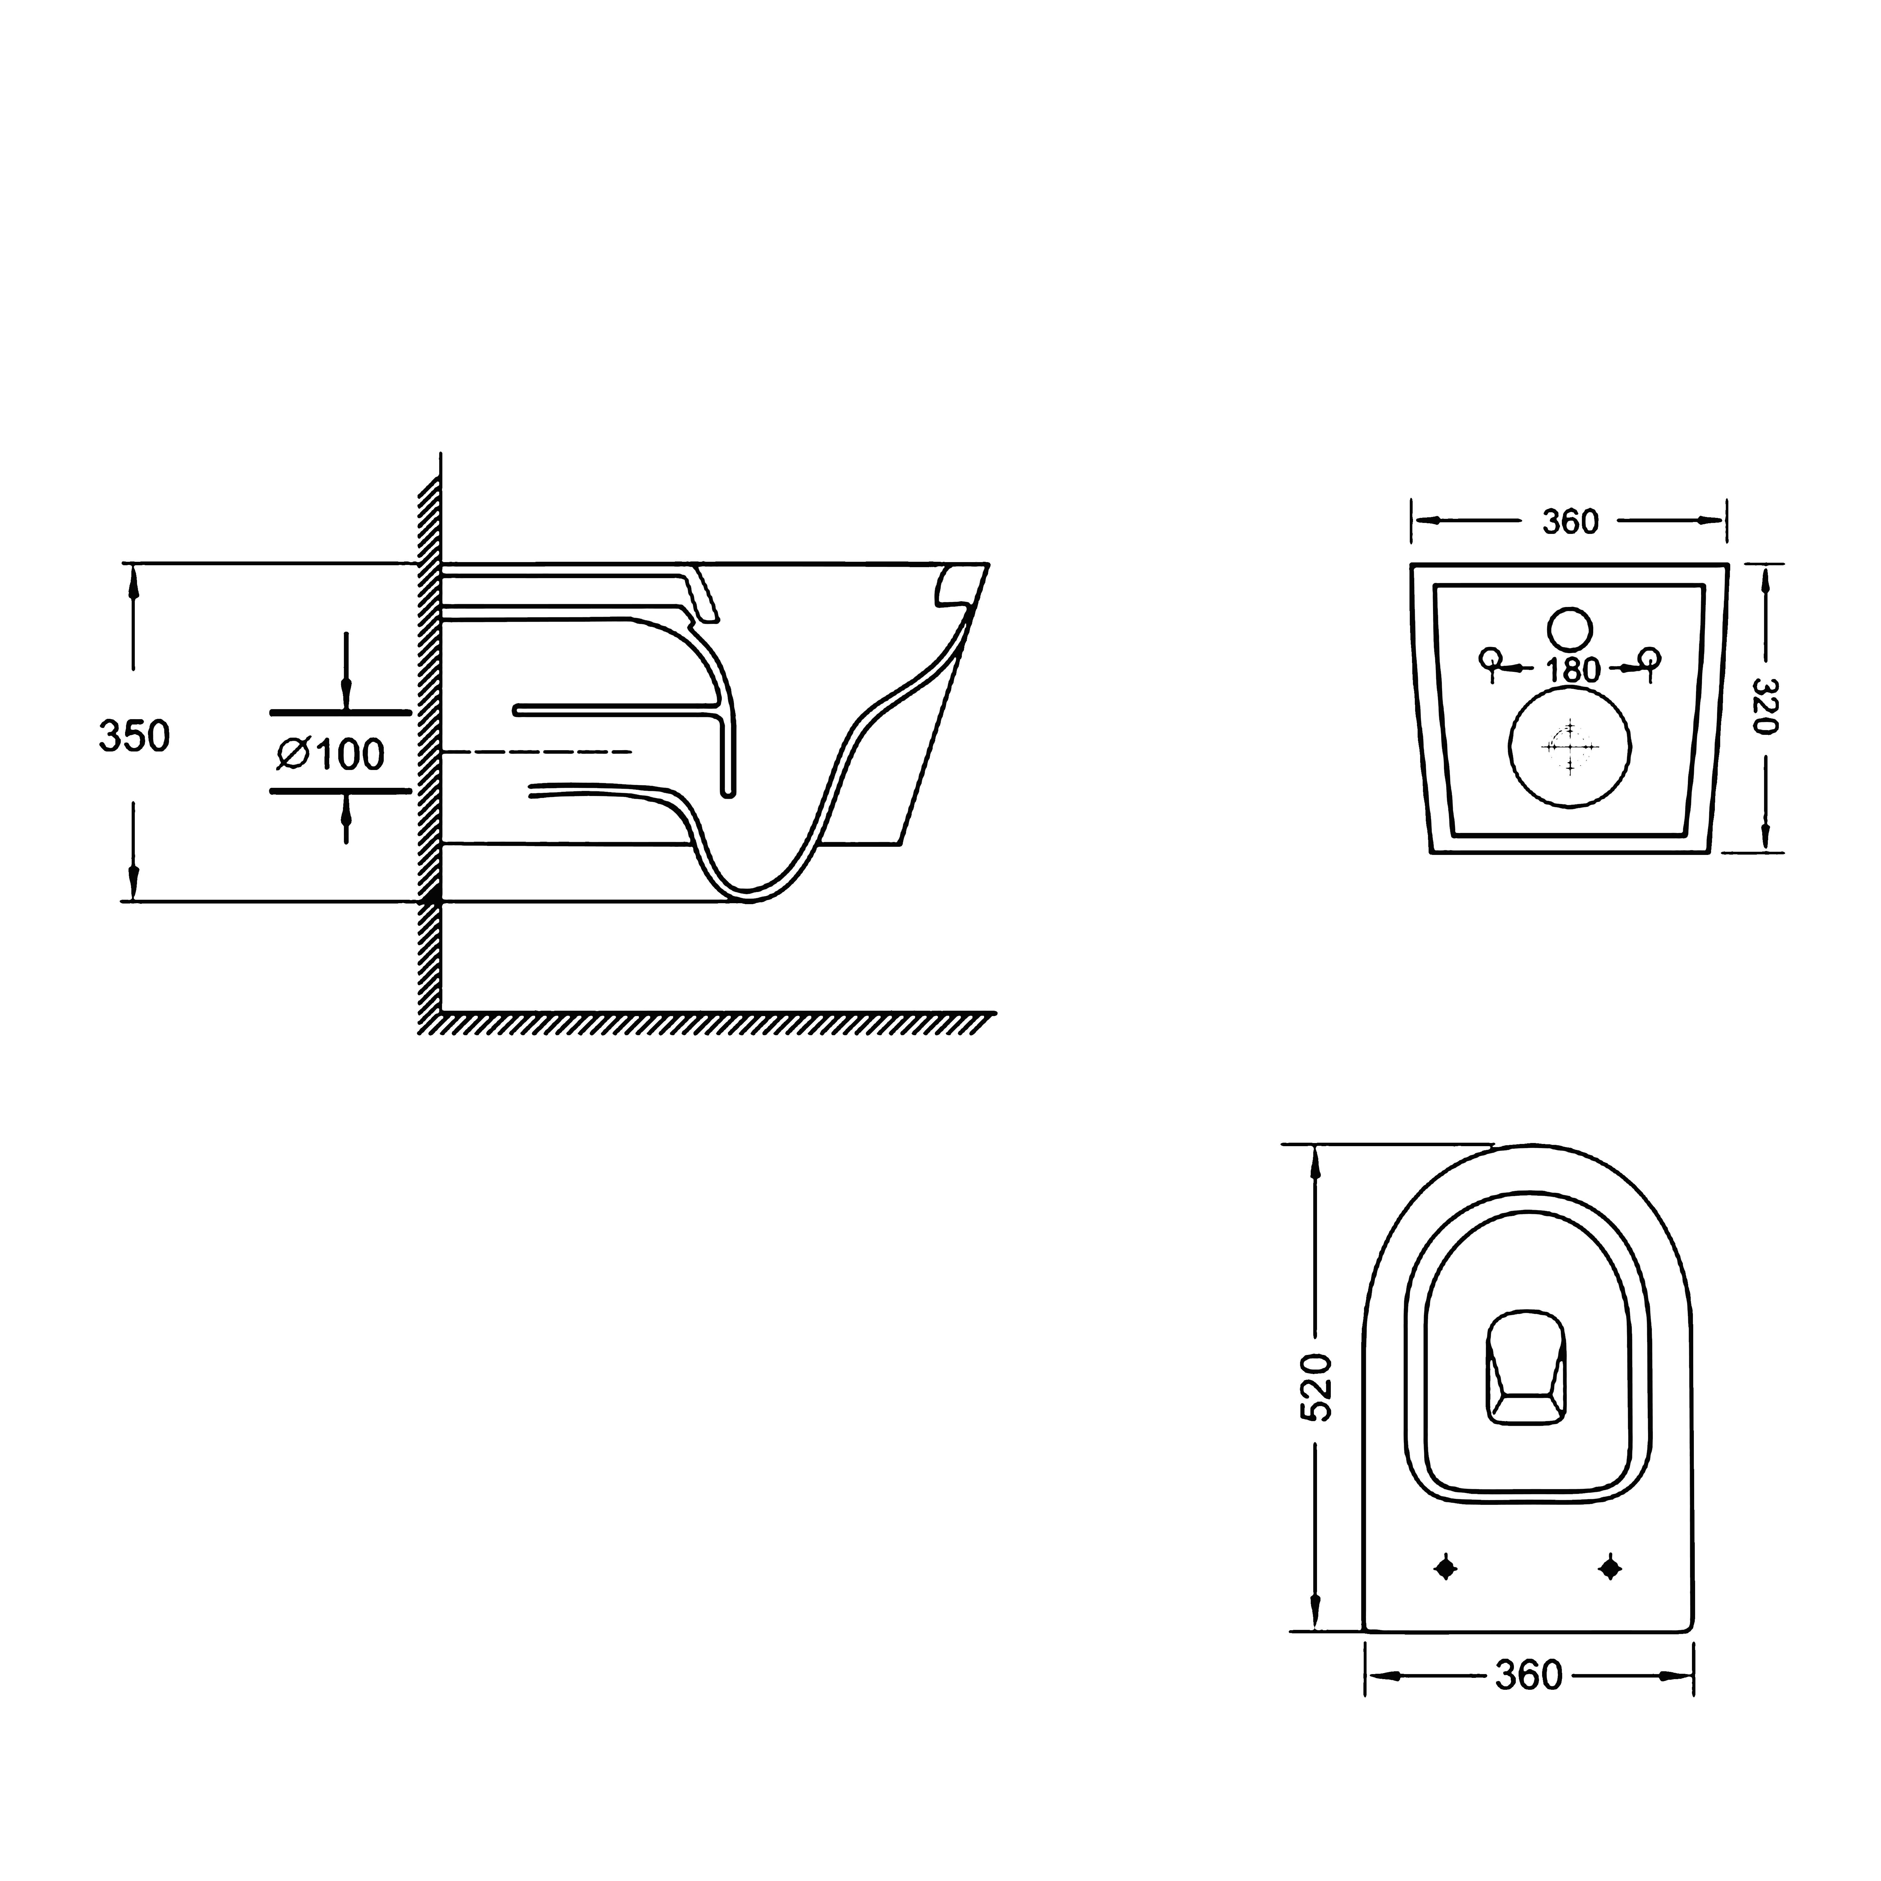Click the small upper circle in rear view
[x=1569, y=629]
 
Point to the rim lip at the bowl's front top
[x=954, y=589]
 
